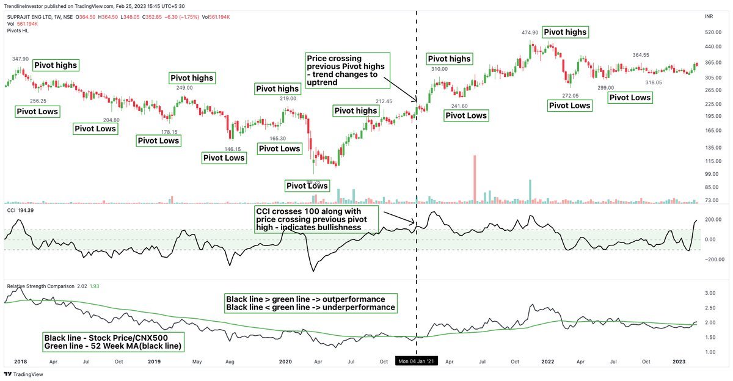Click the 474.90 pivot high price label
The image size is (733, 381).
pos(530,32)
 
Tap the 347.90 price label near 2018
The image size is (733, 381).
pos(20,59)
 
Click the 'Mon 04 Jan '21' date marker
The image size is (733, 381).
pos(417,361)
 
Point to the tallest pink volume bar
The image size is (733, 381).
pos(474,178)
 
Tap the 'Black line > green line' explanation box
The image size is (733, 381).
pos(310,303)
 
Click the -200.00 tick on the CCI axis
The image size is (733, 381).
pos(712,259)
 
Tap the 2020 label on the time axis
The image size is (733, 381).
pos(285,361)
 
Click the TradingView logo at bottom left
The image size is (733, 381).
pos(20,374)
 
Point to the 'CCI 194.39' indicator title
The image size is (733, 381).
pos(20,210)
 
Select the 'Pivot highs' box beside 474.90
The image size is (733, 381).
pos(565,32)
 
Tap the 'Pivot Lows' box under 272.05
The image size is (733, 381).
pos(570,106)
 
